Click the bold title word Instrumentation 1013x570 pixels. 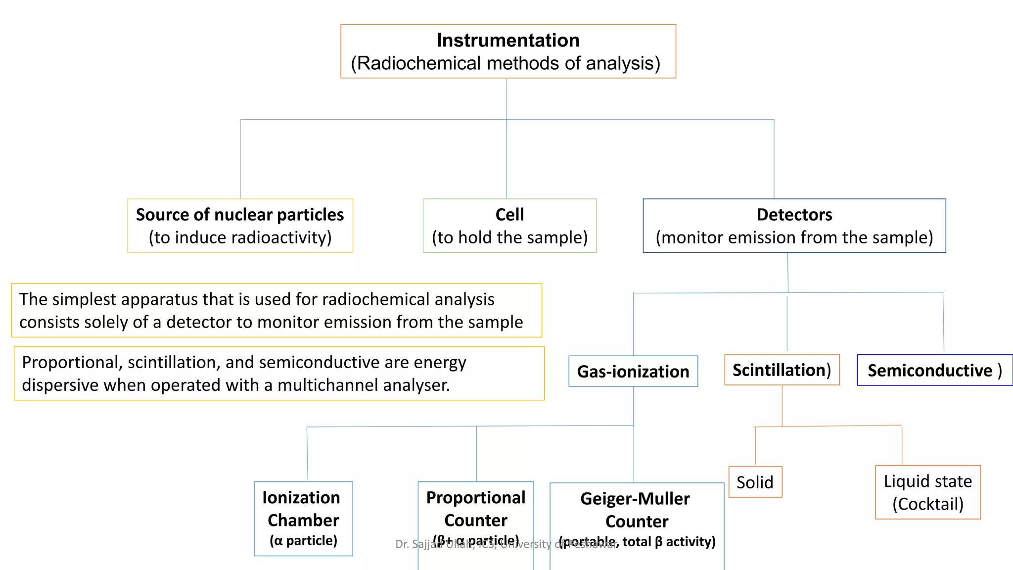[507, 40]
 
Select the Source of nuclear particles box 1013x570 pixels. [240, 226]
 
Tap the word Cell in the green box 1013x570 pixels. [509, 215]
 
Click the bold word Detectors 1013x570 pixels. [794, 215]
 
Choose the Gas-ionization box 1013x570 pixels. [633, 371]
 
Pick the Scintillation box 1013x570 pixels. [782, 370]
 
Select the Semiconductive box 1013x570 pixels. [934, 370]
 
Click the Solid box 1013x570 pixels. [755, 482]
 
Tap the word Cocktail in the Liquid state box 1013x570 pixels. [928, 504]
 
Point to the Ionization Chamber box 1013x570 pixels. [303, 518]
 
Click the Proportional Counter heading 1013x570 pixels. [475, 509]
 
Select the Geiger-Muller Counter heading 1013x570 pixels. [636, 510]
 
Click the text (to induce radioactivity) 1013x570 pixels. [240, 237]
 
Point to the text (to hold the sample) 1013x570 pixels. [509, 237]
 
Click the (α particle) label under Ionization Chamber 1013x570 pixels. [303, 540]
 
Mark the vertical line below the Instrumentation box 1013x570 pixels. [506, 99]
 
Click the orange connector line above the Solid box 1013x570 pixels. [755, 445]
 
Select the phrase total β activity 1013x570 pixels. [669, 542]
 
